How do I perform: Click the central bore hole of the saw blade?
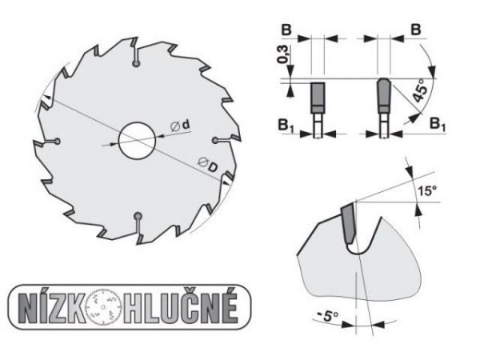[137, 141]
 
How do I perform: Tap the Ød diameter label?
[181, 126]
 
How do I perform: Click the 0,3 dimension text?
[283, 54]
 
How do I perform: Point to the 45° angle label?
[420, 90]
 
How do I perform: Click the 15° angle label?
[427, 190]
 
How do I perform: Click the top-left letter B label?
[286, 30]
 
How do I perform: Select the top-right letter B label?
[415, 30]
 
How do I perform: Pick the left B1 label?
[286, 126]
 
